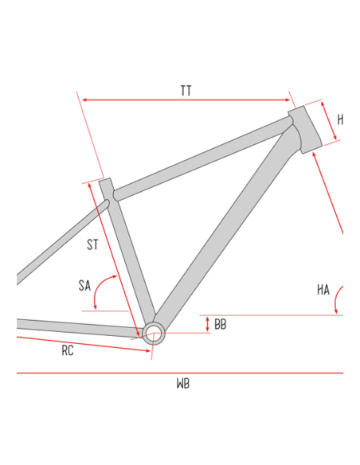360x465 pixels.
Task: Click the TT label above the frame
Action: pyautogui.click(x=186, y=91)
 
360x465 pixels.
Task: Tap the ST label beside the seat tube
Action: pyautogui.click(x=93, y=244)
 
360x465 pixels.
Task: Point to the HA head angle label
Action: pyautogui.click(x=323, y=290)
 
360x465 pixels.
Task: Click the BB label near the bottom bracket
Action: pyautogui.click(x=221, y=324)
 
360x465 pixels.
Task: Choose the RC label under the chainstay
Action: pyautogui.click(x=68, y=350)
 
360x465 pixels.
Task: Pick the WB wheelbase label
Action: pyautogui.click(x=183, y=384)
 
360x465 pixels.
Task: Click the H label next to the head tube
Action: pyautogui.click(x=340, y=120)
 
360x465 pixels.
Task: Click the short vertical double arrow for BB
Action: pyautogui.click(x=208, y=324)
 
